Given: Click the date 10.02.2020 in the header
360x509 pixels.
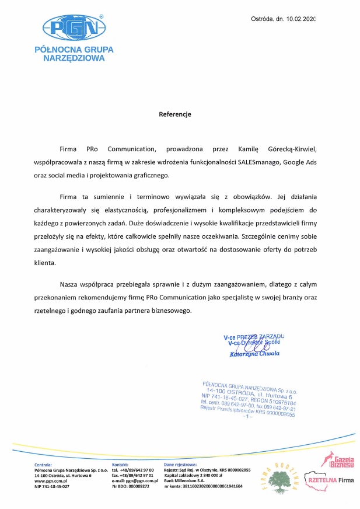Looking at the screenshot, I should coord(300,20).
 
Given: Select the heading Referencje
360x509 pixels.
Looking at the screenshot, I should coord(175,114).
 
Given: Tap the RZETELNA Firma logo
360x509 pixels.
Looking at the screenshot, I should coord(330,480).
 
